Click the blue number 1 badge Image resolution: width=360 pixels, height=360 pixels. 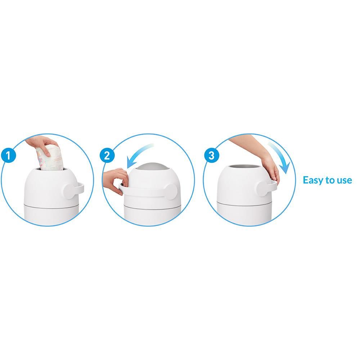(9, 156)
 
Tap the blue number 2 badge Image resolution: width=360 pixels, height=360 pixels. (107, 156)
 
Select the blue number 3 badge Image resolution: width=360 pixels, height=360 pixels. (211, 156)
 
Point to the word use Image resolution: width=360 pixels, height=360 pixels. (344, 180)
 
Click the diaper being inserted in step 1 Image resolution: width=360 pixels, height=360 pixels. (49, 158)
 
